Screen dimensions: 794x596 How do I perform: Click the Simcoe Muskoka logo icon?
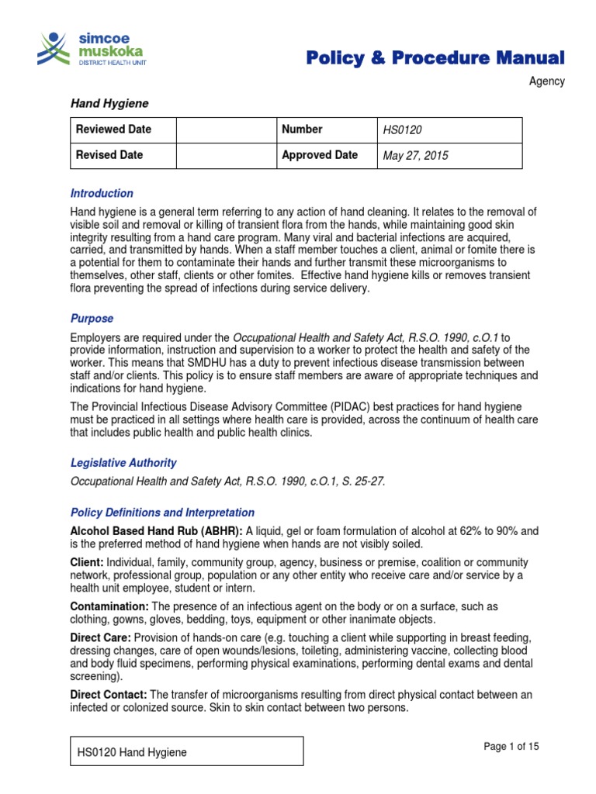pyautogui.click(x=54, y=49)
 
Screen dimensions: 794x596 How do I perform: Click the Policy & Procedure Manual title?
pyautogui.click(x=435, y=57)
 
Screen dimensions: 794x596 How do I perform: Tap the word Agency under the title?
pyautogui.click(x=547, y=81)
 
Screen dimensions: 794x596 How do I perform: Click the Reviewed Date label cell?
pyautogui.click(x=123, y=129)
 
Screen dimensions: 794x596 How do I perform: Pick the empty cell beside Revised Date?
pyautogui.click(x=226, y=155)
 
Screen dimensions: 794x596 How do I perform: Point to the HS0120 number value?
pyautogui.click(x=401, y=130)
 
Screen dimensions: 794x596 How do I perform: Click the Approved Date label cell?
pyautogui.click(x=319, y=155)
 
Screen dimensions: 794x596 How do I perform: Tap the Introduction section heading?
pyautogui.click(x=102, y=193)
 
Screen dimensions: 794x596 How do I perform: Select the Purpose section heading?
pyautogui.click(x=92, y=318)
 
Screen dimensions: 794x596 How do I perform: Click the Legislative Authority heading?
pyautogui.click(x=123, y=463)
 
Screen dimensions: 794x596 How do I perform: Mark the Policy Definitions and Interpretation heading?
pyautogui.click(x=162, y=513)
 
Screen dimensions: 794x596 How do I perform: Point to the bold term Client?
pyautogui.click(x=88, y=561)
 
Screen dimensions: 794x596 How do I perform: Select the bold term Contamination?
pyautogui.click(x=109, y=606)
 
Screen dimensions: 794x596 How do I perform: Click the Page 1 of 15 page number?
pyautogui.click(x=511, y=747)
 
